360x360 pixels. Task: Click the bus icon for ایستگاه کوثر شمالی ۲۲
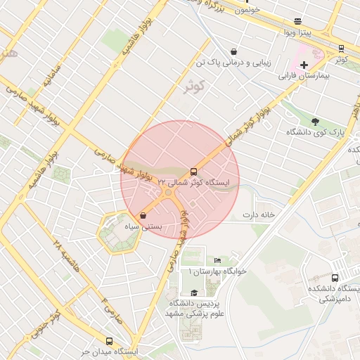[x=193, y=172]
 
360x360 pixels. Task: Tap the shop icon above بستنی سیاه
[x=143, y=216]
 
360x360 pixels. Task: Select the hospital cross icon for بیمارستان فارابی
[x=304, y=65]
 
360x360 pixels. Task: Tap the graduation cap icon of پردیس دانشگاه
[x=193, y=292]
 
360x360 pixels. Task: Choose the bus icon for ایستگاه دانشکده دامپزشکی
[x=335, y=278]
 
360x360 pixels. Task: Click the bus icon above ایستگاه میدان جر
[x=109, y=341]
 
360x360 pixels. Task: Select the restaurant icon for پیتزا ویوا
[x=297, y=22]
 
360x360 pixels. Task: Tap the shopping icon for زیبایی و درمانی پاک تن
[x=233, y=51]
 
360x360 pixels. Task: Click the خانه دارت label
[x=257, y=214]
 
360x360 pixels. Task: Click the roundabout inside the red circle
[x=167, y=191]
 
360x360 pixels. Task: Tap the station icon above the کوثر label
[x=341, y=49]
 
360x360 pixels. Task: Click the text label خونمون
[x=247, y=10]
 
